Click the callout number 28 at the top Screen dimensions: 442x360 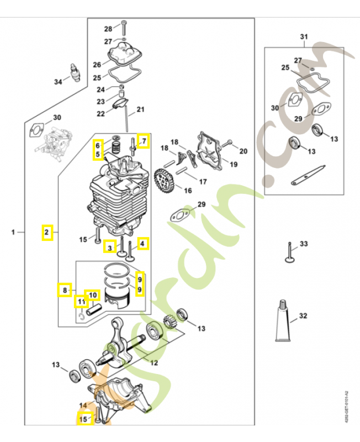pyautogui.click(x=108, y=29)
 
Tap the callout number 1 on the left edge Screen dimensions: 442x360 pyautogui.click(x=13, y=233)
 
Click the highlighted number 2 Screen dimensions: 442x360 pyautogui.click(x=47, y=233)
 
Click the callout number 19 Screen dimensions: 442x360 pyautogui.click(x=234, y=164)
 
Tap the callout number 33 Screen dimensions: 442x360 pyautogui.click(x=304, y=244)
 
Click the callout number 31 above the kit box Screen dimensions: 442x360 pyautogui.click(x=303, y=37)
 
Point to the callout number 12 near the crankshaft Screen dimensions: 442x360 pyautogui.click(x=154, y=362)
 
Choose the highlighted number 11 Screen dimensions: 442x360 pyautogui.click(x=81, y=302)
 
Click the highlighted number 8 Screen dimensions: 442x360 pyautogui.click(x=65, y=289)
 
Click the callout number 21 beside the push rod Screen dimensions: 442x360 pyautogui.click(x=140, y=109)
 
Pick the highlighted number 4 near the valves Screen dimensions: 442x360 pyautogui.click(x=142, y=243)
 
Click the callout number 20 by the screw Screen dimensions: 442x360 pyautogui.click(x=243, y=151)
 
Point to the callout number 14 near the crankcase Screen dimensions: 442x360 pyautogui.click(x=83, y=406)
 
